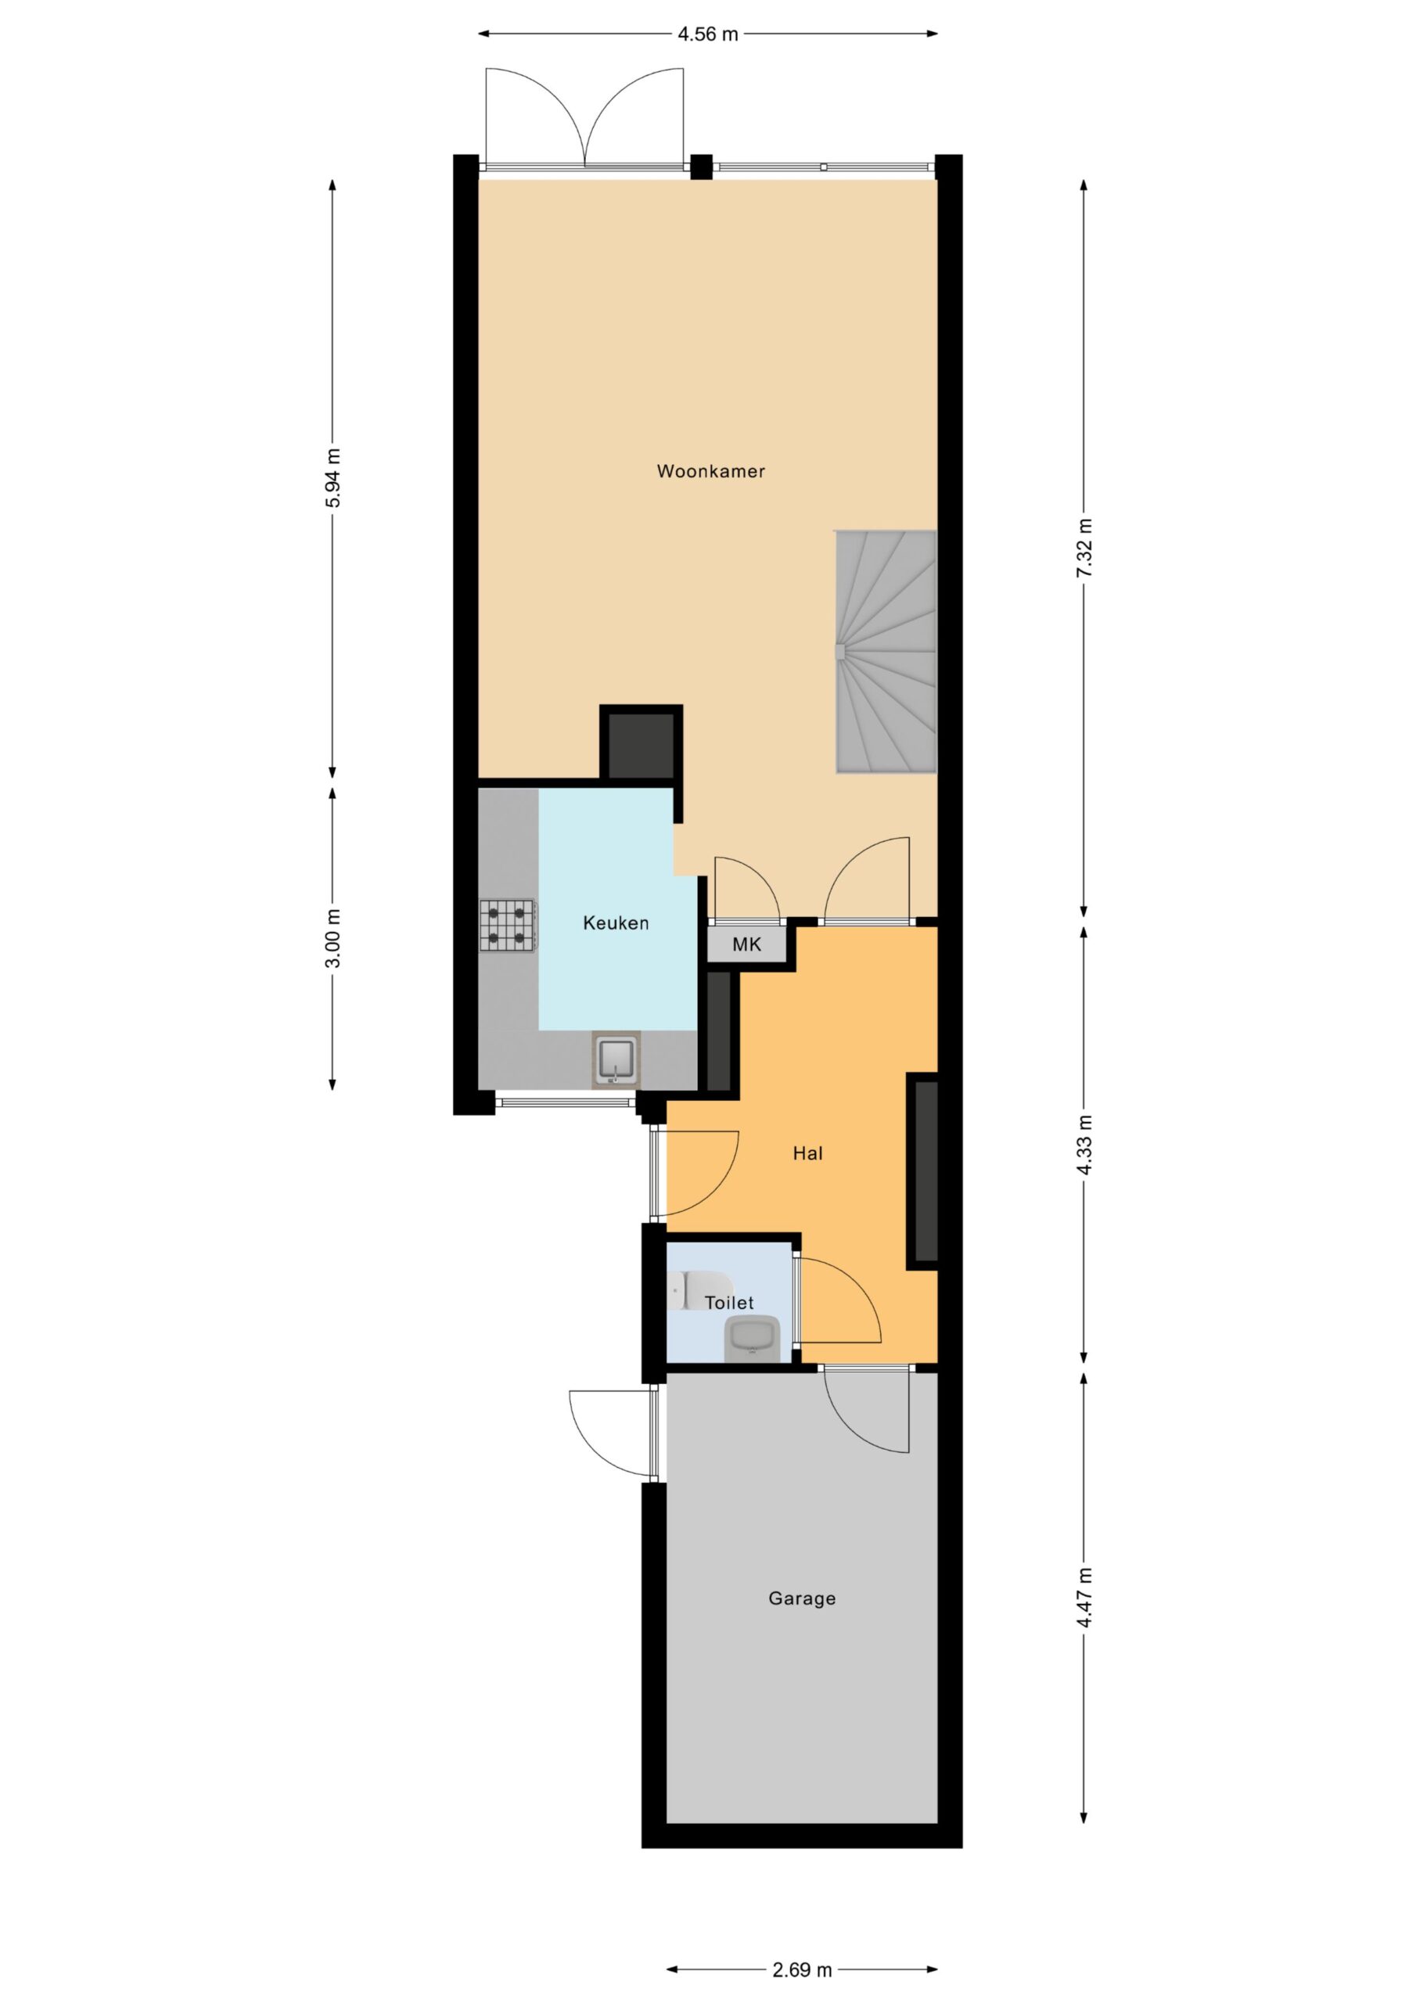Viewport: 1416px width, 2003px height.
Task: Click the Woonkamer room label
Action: pos(710,471)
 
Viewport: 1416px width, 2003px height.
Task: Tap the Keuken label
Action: pos(615,923)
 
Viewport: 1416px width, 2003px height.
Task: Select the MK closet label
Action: pos(746,944)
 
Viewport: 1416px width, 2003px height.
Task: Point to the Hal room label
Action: pos(807,1153)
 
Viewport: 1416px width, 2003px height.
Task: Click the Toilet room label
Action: pos(728,1303)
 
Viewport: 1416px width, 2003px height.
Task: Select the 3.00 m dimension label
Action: pos(332,939)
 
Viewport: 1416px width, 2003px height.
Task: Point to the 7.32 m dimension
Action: pos(1084,548)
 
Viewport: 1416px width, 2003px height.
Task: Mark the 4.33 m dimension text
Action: pos(1084,1145)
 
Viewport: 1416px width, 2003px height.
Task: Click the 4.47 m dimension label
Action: pos(1084,1598)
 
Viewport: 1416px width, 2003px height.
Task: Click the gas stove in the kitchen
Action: pos(507,926)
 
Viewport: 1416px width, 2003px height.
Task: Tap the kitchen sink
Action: pos(616,1059)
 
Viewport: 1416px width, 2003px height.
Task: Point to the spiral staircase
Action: pos(886,651)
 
